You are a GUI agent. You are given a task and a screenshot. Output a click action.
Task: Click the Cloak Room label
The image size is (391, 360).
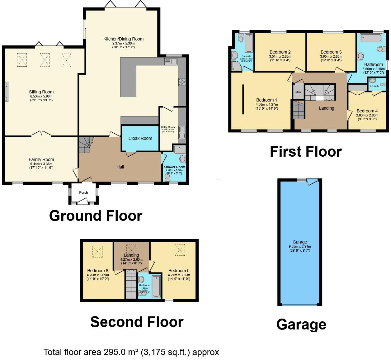click(x=140, y=138)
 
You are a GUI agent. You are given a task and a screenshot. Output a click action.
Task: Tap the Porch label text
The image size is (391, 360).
click(x=83, y=192)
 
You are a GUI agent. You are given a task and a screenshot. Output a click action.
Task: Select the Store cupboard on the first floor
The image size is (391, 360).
click(x=298, y=92)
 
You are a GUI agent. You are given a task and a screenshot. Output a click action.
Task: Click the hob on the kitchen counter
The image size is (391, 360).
click(x=182, y=82)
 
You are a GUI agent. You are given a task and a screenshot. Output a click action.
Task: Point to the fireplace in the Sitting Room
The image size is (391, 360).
click(x=7, y=92)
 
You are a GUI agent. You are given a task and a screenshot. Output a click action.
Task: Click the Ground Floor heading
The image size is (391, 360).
click(x=96, y=216)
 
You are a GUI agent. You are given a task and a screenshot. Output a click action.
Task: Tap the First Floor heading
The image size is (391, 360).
click(x=306, y=152)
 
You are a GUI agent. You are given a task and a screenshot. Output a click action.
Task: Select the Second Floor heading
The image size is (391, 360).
click(x=137, y=322)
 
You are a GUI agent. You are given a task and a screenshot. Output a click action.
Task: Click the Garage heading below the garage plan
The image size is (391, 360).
click(x=301, y=324)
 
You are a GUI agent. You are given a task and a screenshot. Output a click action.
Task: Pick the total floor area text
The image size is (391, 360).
click(x=131, y=352)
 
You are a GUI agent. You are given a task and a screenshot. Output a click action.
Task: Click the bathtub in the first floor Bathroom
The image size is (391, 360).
click(x=371, y=38)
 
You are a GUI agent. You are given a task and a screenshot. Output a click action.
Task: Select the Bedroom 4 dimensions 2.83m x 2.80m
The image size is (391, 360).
click(x=367, y=115)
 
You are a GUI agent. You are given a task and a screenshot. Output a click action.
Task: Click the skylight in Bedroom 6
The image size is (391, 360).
click(x=97, y=252)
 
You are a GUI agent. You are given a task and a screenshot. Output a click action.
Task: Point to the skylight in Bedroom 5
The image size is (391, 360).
click(x=179, y=250)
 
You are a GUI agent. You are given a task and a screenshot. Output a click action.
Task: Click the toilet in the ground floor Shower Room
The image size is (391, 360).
click(x=168, y=177)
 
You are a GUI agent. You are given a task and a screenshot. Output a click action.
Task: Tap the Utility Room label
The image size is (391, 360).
click(x=168, y=127)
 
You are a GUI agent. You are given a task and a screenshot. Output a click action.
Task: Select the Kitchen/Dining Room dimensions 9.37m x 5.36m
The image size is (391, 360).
click(x=123, y=43)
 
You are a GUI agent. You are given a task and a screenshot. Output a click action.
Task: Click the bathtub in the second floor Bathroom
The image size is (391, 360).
click(x=156, y=286)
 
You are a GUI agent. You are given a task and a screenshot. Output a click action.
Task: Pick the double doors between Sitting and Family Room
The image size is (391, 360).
click(x=41, y=134)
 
